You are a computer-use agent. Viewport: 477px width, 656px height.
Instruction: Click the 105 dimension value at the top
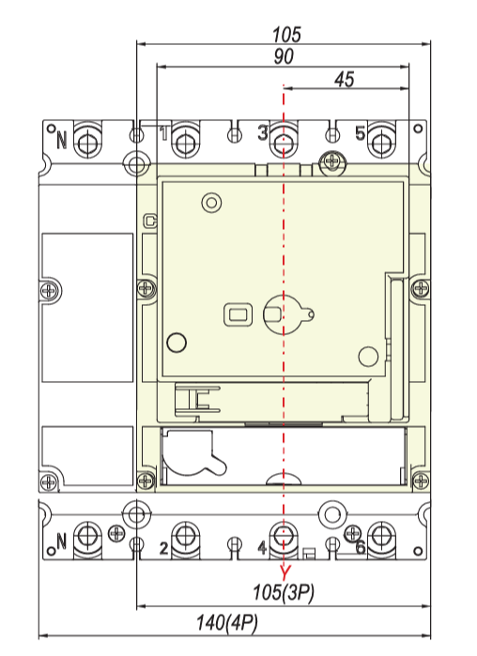(x=286, y=35)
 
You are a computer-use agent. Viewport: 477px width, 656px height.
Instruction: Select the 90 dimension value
(x=284, y=56)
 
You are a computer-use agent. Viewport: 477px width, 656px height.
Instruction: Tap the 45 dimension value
(x=344, y=79)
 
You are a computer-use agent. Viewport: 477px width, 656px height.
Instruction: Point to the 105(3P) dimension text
(x=284, y=592)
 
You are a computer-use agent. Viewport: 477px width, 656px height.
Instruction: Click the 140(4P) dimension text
(x=227, y=623)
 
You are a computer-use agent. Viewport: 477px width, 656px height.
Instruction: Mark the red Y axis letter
(x=285, y=572)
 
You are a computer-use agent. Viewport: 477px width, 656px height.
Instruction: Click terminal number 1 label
(x=164, y=133)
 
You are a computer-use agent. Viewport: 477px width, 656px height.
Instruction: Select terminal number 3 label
(x=262, y=133)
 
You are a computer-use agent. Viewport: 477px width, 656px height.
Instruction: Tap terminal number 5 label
(x=360, y=133)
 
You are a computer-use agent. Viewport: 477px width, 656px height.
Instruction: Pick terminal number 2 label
(x=164, y=548)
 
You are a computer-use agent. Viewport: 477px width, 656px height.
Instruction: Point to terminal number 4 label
(x=262, y=547)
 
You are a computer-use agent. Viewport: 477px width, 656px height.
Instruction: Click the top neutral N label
(x=62, y=140)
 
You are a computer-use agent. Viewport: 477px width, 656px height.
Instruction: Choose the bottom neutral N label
(x=62, y=541)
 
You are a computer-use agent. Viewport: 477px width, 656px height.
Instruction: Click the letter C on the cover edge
(x=149, y=221)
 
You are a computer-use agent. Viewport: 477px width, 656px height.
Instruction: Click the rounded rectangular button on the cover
(x=238, y=314)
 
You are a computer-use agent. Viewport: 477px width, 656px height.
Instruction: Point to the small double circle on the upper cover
(x=211, y=203)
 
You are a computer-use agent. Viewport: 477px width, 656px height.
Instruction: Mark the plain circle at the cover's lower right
(x=369, y=357)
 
